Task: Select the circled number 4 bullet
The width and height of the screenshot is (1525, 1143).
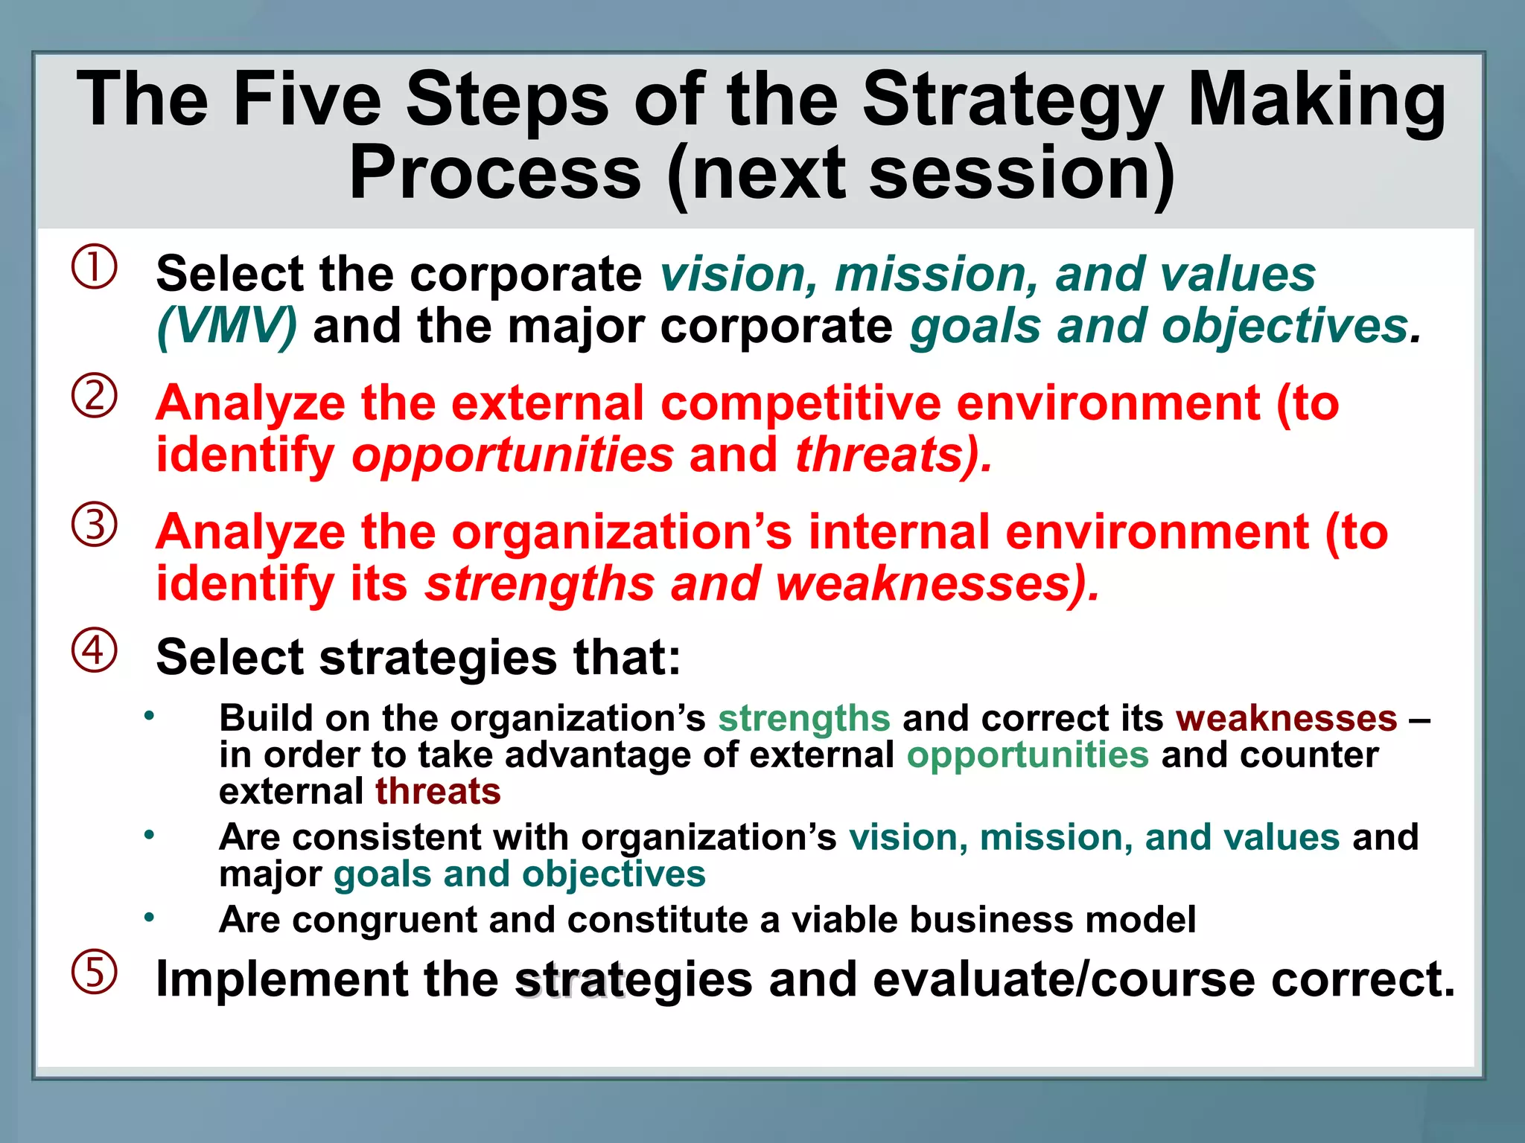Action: (95, 650)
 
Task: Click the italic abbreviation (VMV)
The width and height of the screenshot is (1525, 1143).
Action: (227, 327)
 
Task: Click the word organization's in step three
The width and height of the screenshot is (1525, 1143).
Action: (622, 533)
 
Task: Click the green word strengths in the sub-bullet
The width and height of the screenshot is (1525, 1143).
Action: (803, 718)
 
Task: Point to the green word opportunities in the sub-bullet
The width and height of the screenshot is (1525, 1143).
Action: (1028, 755)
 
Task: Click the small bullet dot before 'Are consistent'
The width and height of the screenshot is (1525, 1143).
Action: (149, 835)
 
